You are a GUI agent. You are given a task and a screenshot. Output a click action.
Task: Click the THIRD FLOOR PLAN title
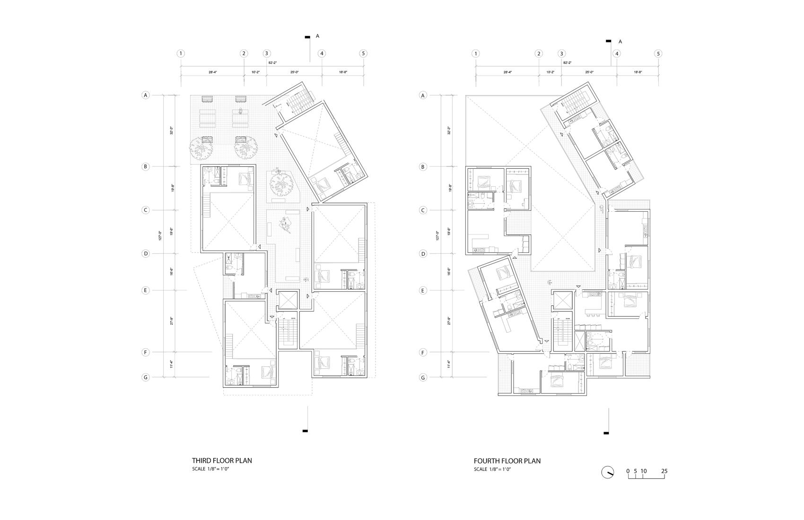(222, 460)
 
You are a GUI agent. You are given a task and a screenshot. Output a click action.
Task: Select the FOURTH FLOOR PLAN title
(507, 461)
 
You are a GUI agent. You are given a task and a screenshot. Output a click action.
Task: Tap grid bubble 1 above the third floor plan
(181, 53)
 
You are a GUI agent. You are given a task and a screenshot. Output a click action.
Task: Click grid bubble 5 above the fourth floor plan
(658, 53)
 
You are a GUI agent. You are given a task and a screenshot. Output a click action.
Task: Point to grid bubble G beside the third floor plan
(146, 377)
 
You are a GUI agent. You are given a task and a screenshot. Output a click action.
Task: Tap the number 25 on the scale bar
(664, 471)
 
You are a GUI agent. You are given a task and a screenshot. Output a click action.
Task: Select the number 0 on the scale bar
(628, 471)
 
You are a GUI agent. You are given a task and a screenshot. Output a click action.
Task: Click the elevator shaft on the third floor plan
(287, 300)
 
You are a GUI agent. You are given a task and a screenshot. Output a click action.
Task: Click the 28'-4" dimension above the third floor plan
(212, 72)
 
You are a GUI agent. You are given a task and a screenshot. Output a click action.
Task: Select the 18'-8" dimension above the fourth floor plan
(638, 72)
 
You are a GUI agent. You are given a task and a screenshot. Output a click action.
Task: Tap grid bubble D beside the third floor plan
(146, 253)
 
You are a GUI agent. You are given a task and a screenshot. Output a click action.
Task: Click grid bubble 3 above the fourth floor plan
(561, 53)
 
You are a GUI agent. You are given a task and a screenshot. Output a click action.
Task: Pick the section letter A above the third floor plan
(318, 36)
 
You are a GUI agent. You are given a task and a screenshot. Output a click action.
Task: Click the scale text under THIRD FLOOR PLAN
(211, 469)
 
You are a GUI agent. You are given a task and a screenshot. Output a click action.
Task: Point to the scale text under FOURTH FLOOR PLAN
(493, 469)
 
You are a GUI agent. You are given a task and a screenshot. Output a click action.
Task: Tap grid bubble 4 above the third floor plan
(322, 53)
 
